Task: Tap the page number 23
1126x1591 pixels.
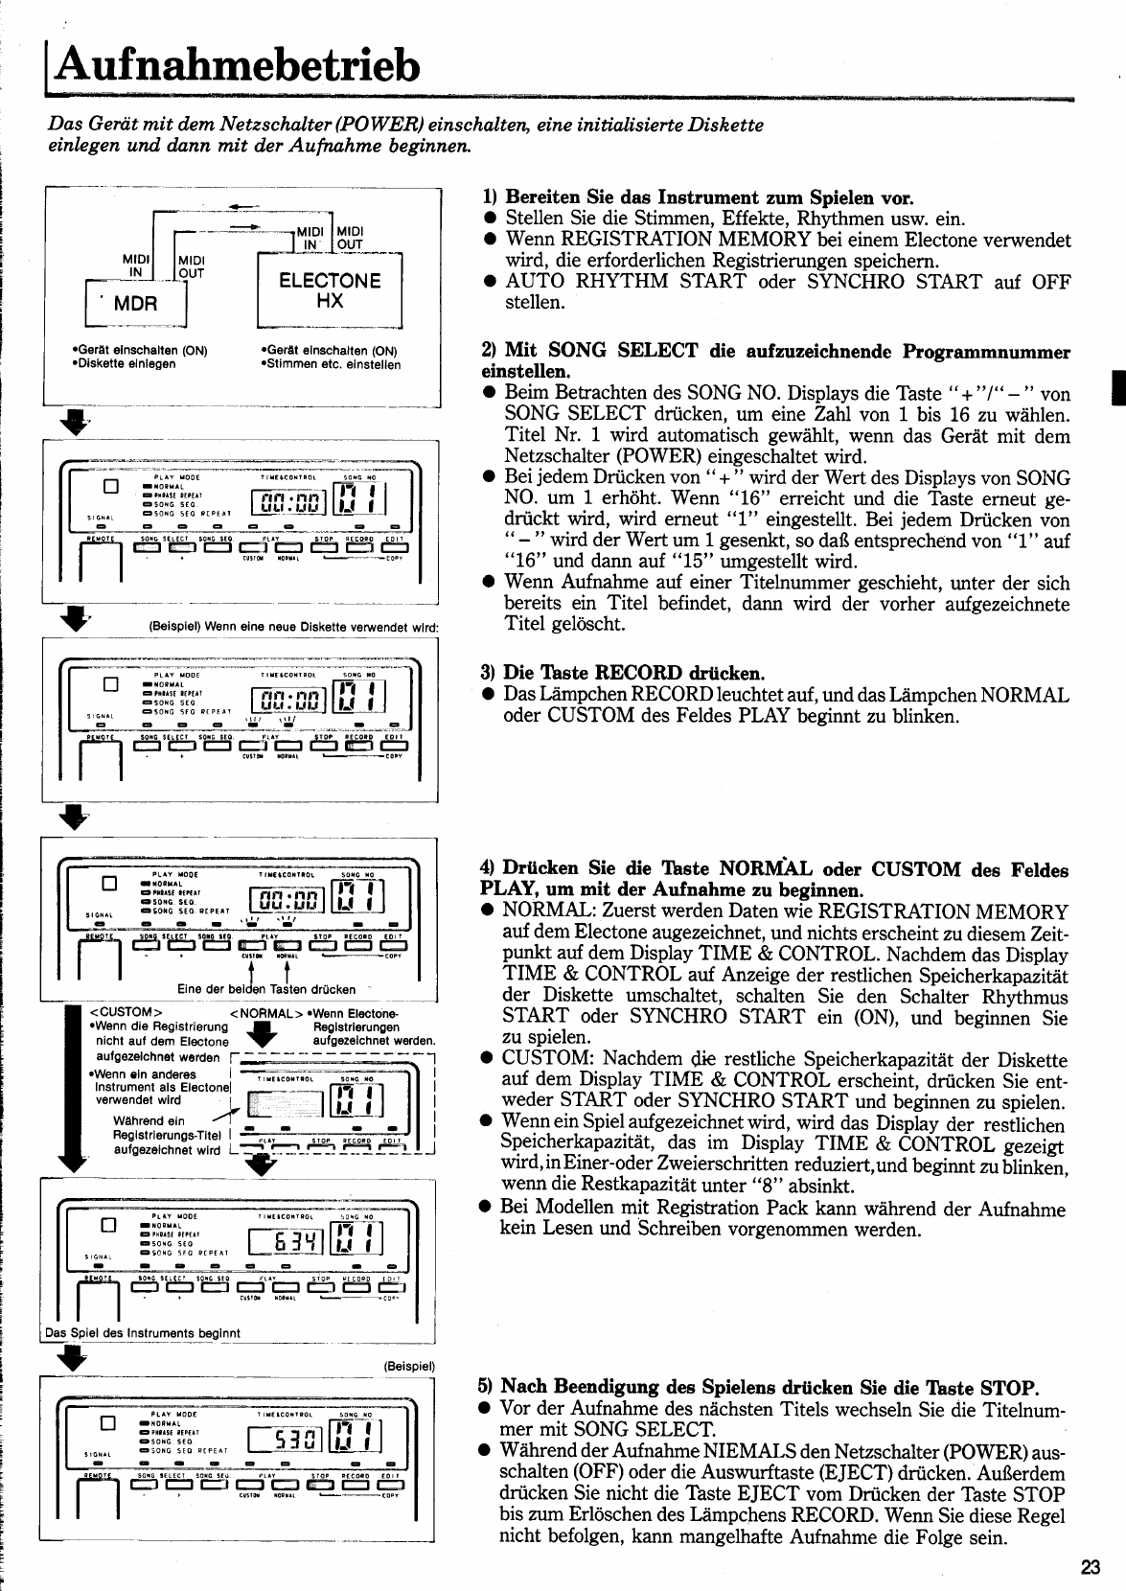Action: [x=1091, y=1567]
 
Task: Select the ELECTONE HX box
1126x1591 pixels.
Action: [x=330, y=290]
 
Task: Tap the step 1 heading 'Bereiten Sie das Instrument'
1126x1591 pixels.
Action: [x=709, y=198]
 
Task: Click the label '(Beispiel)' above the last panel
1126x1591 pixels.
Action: [x=409, y=1365]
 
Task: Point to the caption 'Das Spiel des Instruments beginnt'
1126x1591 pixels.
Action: [x=143, y=1332]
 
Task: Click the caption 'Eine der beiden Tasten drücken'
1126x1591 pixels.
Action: [x=266, y=989]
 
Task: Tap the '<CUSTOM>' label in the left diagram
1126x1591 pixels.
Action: [x=125, y=1012]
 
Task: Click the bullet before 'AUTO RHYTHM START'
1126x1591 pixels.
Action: [x=489, y=282]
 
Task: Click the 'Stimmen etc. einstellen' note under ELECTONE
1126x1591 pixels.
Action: [x=331, y=364]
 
